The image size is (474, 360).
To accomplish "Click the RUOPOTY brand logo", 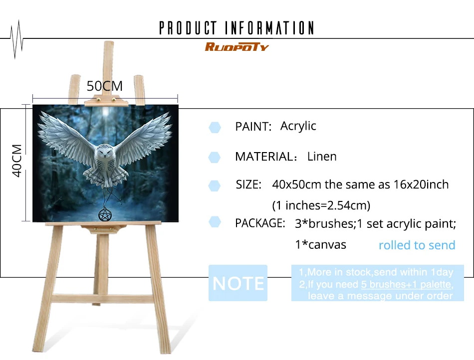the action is pyautogui.click(x=237, y=47).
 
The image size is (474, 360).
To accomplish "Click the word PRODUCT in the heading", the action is pyautogui.click(x=188, y=28).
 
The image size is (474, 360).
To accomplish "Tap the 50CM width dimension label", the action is pyautogui.click(x=105, y=86).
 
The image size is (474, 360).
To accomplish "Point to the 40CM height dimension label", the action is pyautogui.click(x=17, y=161).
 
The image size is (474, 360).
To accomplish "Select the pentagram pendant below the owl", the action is pyautogui.click(x=105, y=215).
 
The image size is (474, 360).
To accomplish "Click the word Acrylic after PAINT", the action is pyautogui.click(x=298, y=126).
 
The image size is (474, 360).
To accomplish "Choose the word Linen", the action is pyautogui.click(x=322, y=157).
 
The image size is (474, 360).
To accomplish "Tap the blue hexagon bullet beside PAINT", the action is pyautogui.click(x=215, y=127).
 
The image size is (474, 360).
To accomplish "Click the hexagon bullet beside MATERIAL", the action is pyautogui.click(x=215, y=158).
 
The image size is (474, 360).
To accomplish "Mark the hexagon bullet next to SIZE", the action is pyautogui.click(x=215, y=186).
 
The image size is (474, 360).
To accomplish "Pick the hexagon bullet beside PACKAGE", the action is pyautogui.click(x=215, y=222).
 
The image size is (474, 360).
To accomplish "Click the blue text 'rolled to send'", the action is pyautogui.click(x=417, y=245).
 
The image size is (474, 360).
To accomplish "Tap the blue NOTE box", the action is pyautogui.click(x=238, y=283).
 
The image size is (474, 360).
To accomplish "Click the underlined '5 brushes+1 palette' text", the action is pyautogui.click(x=407, y=284).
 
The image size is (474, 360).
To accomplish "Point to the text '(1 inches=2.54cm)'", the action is pyautogui.click(x=321, y=205).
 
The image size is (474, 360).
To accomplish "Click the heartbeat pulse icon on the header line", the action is pyautogui.click(x=16, y=39).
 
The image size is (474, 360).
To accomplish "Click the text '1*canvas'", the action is pyautogui.click(x=320, y=245).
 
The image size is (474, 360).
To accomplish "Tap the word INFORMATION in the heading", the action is pyautogui.click(x=269, y=28).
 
